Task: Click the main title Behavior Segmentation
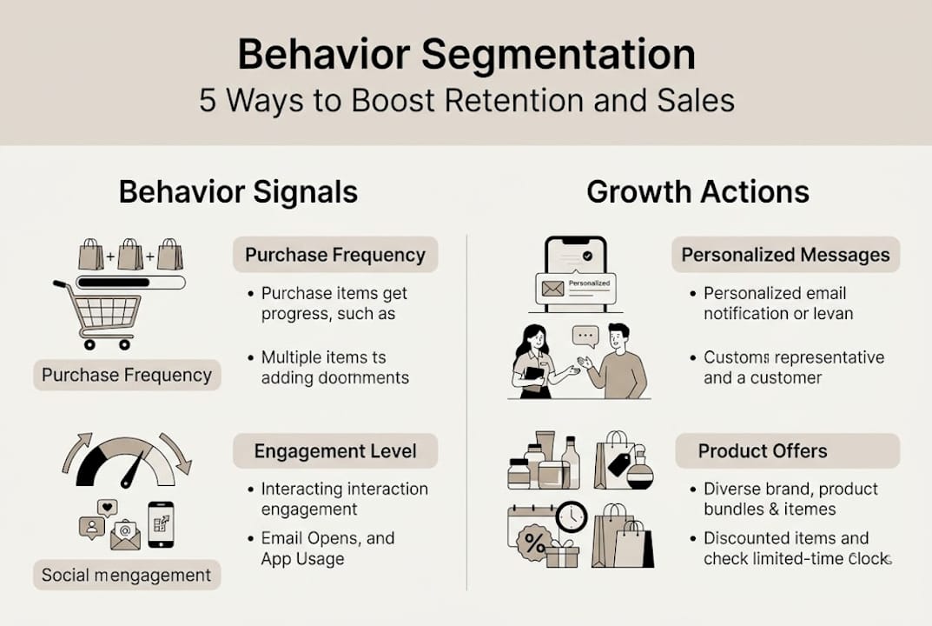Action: tap(466, 55)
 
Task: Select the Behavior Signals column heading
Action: tap(238, 192)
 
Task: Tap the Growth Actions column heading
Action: tap(697, 192)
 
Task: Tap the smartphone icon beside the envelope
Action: tap(161, 524)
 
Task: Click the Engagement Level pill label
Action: tap(335, 451)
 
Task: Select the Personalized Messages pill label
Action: tap(785, 255)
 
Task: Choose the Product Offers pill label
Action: tap(763, 451)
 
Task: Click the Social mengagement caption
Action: tap(127, 575)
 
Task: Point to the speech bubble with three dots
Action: tap(586, 334)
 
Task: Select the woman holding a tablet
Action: tap(533, 361)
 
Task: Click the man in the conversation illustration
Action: tap(618, 361)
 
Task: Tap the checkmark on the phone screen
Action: tap(585, 256)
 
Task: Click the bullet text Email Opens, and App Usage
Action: tap(327, 549)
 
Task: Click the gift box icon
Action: tap(562, 553)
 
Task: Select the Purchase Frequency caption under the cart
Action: tap(127, 376)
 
